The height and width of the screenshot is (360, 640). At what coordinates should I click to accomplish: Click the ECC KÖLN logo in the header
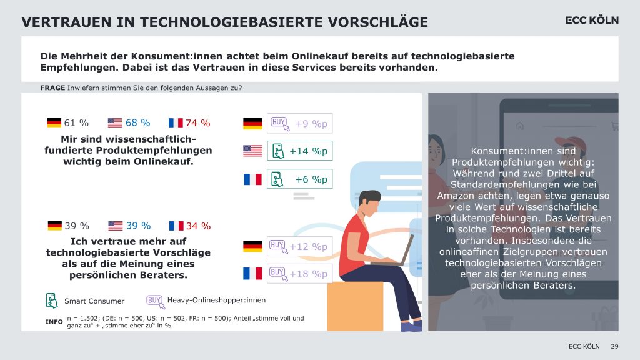[592, 21]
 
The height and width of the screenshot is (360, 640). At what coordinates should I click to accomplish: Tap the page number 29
[614, 346]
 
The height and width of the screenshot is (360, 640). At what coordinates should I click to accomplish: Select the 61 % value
[77, 123]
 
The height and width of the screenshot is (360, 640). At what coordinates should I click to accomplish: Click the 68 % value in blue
[137, 123]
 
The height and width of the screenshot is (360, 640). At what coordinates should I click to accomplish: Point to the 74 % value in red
[198, 123]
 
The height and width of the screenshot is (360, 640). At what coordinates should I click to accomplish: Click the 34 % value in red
[198, 226]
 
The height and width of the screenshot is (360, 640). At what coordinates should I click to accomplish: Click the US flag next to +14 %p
[252, 151]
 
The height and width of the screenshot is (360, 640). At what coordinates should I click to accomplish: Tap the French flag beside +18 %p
[252, 274]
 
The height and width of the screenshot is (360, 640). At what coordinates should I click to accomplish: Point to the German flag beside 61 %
[54, 123]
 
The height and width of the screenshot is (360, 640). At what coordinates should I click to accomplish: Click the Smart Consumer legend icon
[52, 301]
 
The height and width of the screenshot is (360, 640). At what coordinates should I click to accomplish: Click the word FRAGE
[52, 88]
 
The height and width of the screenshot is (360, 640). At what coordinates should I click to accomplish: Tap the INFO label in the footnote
[54, 322]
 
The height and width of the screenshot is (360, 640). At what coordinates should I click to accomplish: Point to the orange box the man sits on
[354, 306]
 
